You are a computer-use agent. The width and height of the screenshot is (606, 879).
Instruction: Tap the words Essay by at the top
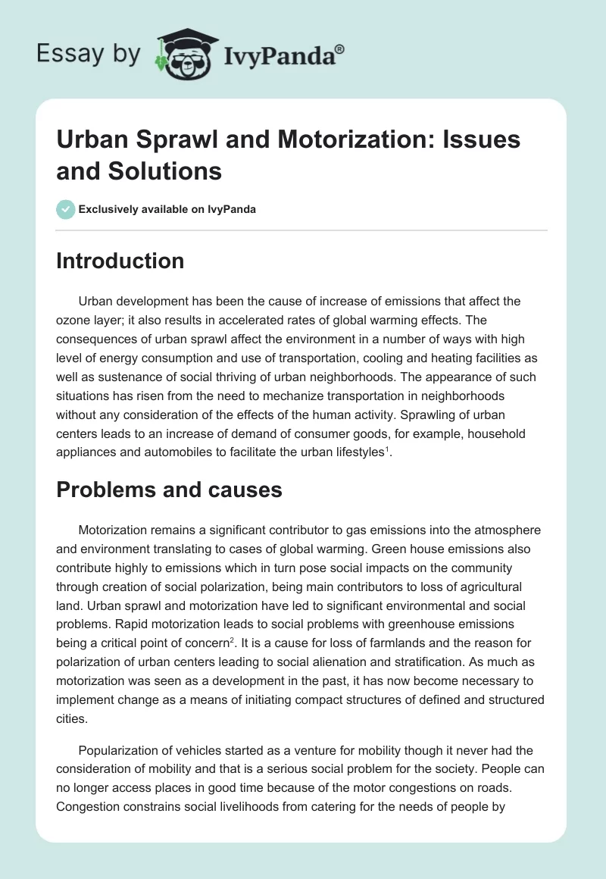click(x=89, y=54)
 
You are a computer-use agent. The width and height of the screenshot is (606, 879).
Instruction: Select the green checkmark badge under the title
click(x=65, y=210)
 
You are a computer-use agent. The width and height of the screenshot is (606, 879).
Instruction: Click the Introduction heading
click(x=120, y=261)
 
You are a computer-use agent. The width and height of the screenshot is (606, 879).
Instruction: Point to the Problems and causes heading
click(x=170, y=490)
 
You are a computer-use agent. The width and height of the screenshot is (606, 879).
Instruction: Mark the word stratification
click(x=426, y=662)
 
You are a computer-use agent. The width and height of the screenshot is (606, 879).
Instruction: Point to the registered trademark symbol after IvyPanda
click(x=339, y=48)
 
